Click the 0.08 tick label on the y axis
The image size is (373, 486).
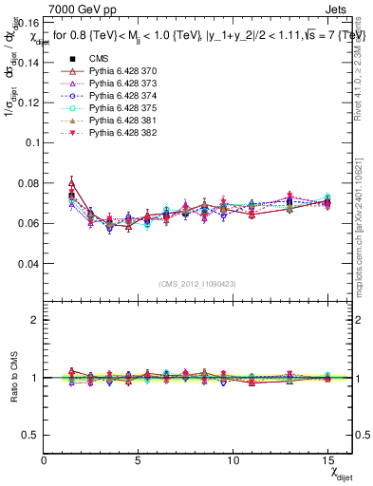[30, 182]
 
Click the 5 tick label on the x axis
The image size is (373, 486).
[138, 459]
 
